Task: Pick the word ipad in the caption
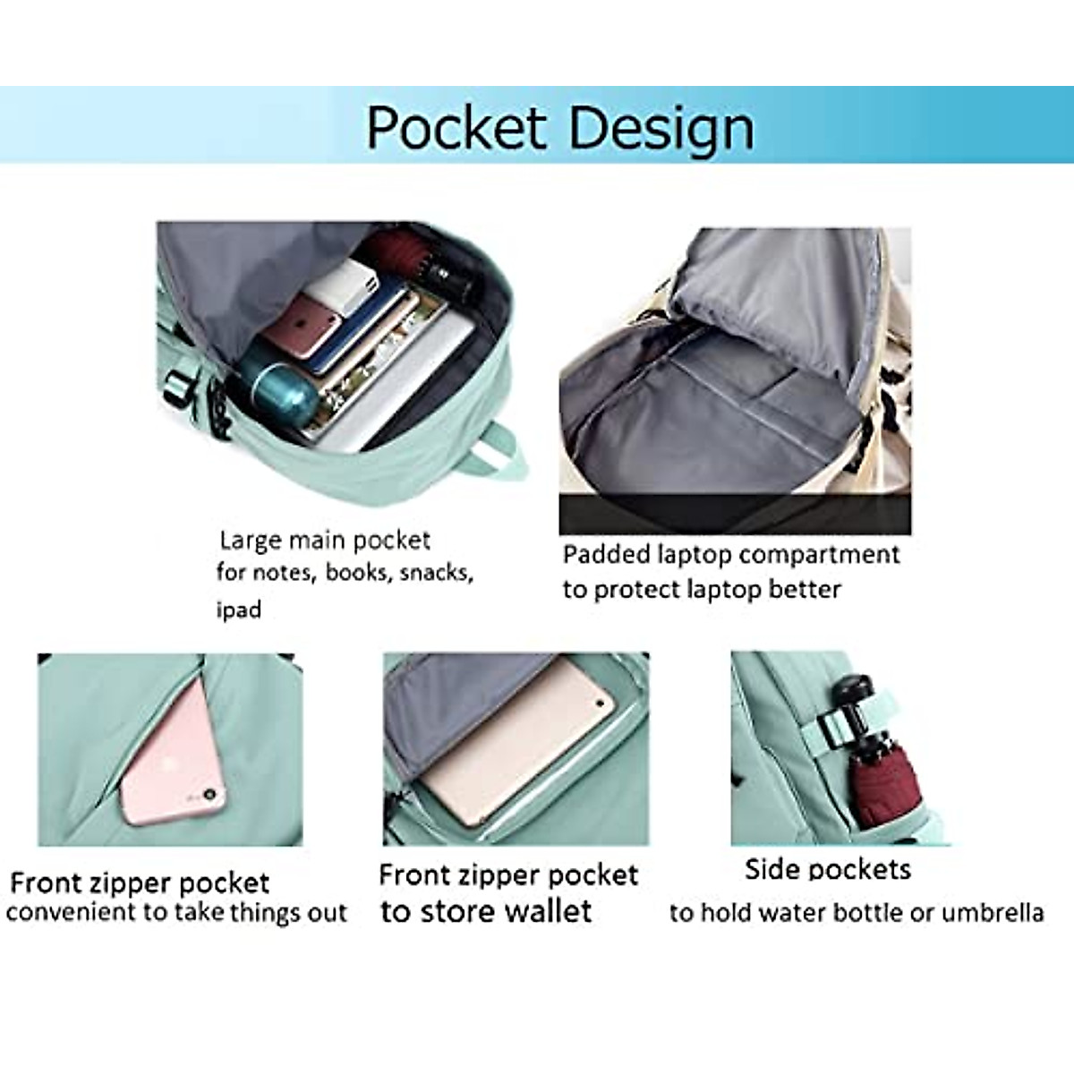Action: [x=239, y=610]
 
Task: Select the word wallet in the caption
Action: [x=548, y=911]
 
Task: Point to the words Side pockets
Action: [x=828, y=869]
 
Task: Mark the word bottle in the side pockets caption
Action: [x=868, y=913]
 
